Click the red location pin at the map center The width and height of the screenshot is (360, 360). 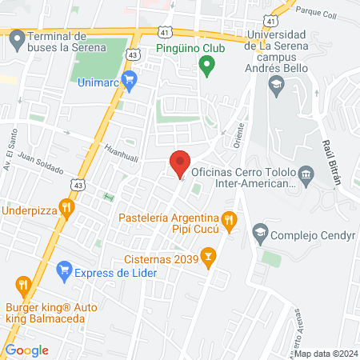(x=180, y=162)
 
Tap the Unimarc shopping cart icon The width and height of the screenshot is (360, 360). (x=131, y=78)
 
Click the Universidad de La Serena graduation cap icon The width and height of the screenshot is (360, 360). (x=276, y=83)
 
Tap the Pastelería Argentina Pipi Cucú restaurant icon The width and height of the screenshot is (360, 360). (x=230, y=218)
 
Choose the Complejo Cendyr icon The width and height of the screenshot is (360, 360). (x=259, y=234)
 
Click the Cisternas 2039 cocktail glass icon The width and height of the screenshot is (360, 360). (x=208, y=258)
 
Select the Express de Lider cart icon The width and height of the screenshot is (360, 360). (x=64, y=272)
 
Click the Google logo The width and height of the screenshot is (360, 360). (x=26, y=350)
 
